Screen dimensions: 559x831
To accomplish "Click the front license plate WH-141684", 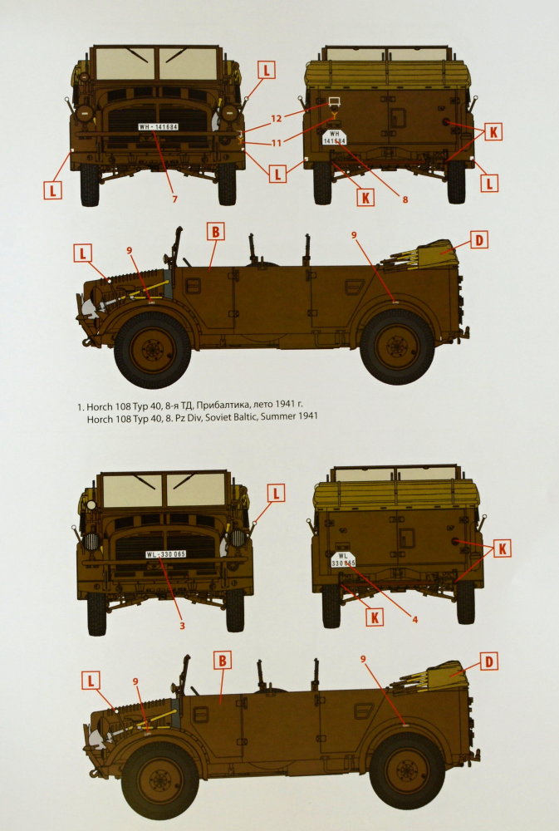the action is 159,126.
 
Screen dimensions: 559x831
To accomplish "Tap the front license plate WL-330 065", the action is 166,554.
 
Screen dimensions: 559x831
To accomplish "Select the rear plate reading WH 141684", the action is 335,138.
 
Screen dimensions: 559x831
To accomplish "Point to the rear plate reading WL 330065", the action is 343,559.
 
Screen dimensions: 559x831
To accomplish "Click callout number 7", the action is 174,199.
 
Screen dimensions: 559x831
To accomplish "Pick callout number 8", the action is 405,199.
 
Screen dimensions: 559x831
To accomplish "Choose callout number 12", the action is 276,119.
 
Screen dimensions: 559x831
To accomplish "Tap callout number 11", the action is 276,143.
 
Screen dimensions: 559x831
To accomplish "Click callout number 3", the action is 182,626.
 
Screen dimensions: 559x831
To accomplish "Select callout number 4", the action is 414,619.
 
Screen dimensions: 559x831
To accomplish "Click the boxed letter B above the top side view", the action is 215,232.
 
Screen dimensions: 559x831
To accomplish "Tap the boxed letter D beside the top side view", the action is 479,240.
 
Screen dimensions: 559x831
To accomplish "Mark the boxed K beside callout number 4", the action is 375,617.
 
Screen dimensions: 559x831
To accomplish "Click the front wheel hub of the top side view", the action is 153,349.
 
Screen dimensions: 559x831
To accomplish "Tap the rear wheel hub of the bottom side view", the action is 407,770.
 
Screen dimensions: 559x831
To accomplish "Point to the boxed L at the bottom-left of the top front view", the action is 52,189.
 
